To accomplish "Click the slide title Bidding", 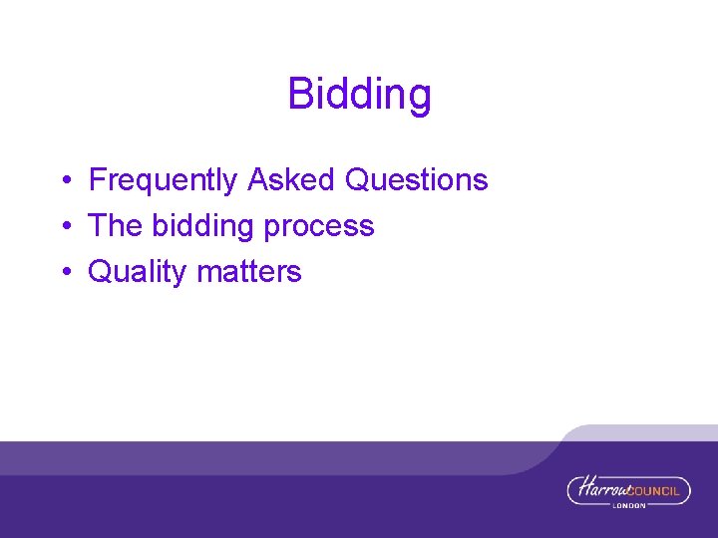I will click(x=359, y=95).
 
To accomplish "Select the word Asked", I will click(x=292, y=180).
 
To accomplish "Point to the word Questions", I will click(x=416, y=180).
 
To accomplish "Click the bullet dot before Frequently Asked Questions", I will click(x=63, y=181).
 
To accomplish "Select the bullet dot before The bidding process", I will click(x=63, y=227).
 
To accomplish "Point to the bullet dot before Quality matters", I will click(x=63, y=273).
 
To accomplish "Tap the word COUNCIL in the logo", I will click(x=659, y=490).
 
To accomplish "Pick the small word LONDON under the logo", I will click(x=629, y=505).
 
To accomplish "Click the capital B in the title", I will click(x=299, y=95).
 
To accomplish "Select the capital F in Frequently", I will click(x=98, y=180).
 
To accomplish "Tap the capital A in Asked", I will click(x=258, y=180).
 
